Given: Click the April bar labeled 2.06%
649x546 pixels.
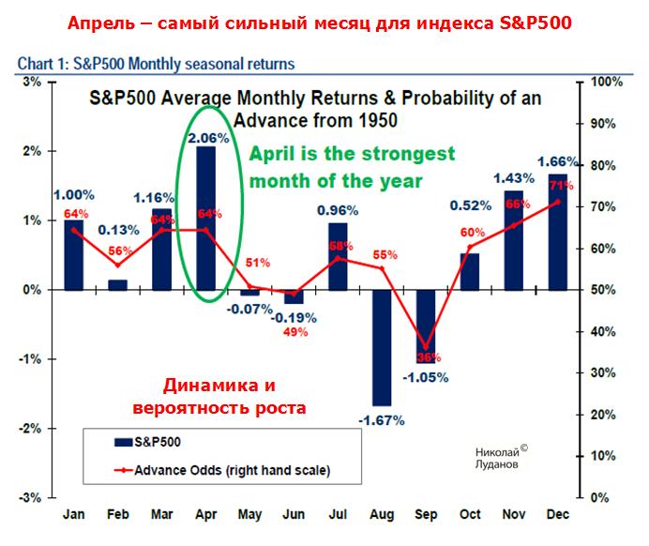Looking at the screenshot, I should (205, 218).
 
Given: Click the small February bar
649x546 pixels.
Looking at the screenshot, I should (118, 284).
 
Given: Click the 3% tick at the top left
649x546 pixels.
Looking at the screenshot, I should (31, 82).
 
